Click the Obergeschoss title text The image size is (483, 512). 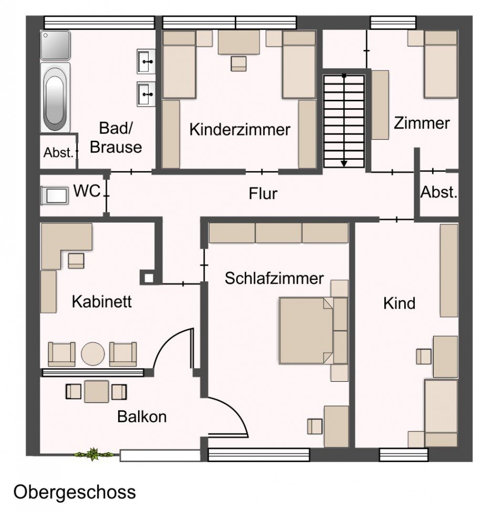point(74,492)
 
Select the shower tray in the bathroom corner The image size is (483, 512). point(55,45)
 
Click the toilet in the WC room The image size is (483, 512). point(55,195)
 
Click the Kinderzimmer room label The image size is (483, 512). point(240,129)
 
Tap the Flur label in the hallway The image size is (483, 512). point(262,194)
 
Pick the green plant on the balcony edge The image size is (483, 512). point(93,454)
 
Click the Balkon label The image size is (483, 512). point(142,417)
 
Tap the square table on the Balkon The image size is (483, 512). point(96,391)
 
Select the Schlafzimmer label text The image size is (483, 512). point(274,278)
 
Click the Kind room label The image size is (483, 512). point(399,303)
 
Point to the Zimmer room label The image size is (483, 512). point(422,123)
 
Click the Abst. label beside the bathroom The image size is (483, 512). point(57,153)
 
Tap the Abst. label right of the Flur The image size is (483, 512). point(439,192)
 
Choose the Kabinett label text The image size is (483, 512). point(101,302)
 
